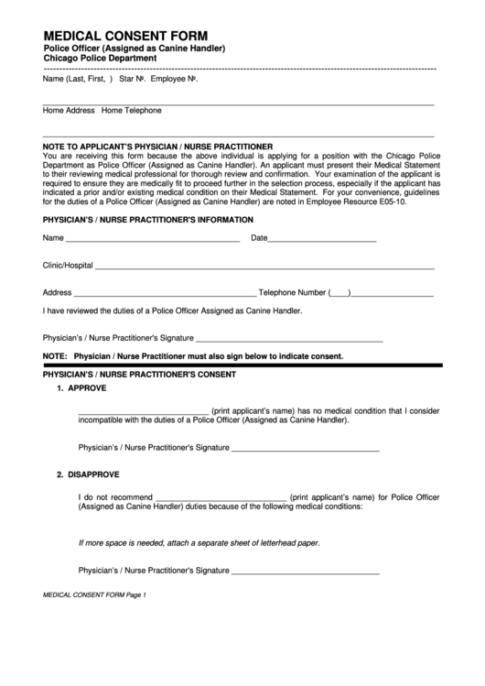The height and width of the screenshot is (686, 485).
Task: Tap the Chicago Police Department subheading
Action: pos(100,58)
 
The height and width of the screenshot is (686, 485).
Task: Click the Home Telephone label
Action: pos(132,111)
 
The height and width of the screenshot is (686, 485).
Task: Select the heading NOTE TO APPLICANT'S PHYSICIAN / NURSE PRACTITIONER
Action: pos(157,147)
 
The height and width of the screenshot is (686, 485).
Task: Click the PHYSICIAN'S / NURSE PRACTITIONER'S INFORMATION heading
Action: pos(147,220)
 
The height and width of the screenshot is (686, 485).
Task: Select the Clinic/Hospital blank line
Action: pos(264,267)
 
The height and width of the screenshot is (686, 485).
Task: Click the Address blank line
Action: pos(165,295)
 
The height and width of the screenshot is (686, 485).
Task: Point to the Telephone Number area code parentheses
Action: pos(339,294)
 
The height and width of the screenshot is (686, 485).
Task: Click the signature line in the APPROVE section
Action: pos(305,450)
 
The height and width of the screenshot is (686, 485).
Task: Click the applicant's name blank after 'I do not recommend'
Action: pos(221,499)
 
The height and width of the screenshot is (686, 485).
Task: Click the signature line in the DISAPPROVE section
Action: pos(305,570)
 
